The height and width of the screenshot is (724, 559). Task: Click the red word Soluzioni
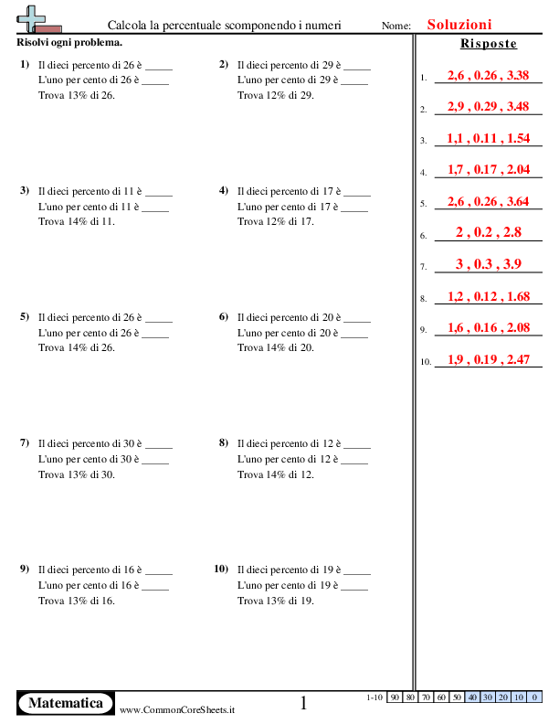pos(459,25)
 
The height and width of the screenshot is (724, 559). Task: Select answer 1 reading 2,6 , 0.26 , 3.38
pos(488,76)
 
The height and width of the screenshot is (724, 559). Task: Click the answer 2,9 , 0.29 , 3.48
pos(488,107)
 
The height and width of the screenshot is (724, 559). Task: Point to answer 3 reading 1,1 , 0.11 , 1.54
pos(488,138)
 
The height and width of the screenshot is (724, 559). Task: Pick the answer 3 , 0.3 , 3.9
pos(488,264)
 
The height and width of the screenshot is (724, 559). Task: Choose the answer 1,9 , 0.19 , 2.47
pos(488,359)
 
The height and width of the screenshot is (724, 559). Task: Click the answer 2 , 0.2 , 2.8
pos(488,233)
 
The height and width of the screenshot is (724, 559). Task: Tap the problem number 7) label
pos(25,443)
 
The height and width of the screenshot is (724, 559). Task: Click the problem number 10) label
pos(221,569)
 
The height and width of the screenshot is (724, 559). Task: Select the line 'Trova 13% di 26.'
pos(78,95)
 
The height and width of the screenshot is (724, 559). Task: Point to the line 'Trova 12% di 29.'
pos(276,95)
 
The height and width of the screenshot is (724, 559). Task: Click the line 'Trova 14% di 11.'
pos(77,221)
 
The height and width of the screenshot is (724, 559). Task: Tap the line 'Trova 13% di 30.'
pos(78,474)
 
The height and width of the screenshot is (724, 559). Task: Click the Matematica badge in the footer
pos(65,703)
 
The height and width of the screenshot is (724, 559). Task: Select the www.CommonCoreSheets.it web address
pos(177,709)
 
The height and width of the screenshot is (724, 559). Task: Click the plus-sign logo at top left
pos(35,19)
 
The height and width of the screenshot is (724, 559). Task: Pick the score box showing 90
pos(395,697)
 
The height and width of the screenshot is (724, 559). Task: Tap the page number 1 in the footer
pos(304,702)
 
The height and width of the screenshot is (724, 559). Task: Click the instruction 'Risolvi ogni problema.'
pos(69,43)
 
